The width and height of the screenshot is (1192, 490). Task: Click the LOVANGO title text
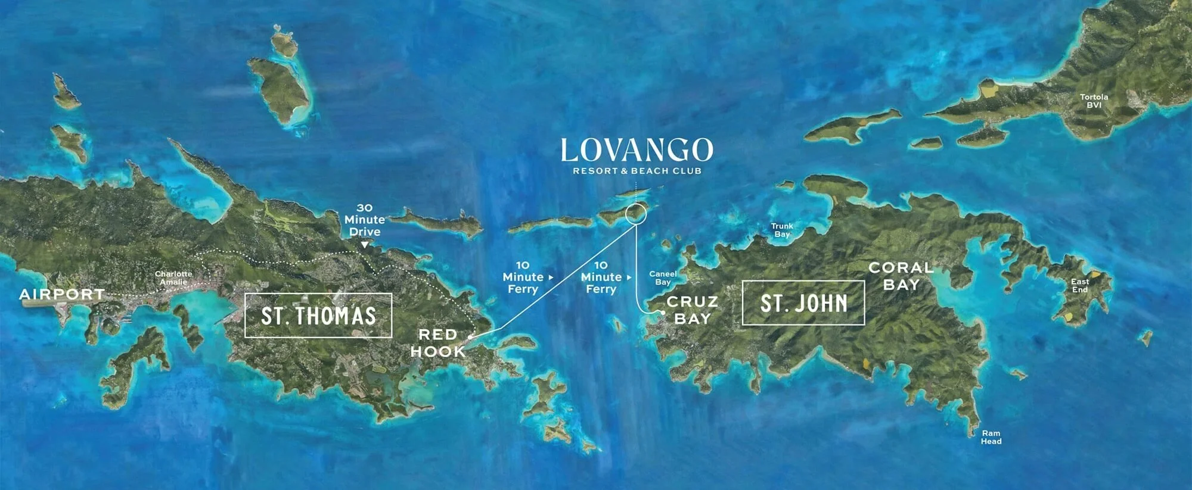(x=637, y=150)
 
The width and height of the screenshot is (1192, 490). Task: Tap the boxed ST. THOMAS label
(x=318, y=316)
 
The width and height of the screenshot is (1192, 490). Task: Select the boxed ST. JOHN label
(x=803, y=303)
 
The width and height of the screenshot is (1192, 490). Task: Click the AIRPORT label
(x=62, y=294)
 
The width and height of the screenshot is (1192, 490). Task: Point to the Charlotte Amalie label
(x=173, y=278)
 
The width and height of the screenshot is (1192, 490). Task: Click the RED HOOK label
(x=438, y=343)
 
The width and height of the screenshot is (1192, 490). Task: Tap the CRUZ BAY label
(x=692, y=310)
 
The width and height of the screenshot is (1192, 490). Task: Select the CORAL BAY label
(x=901, y=276)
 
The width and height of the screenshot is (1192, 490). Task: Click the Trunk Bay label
(x=782, y=230)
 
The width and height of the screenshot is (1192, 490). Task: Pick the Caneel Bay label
(x=663, y=278)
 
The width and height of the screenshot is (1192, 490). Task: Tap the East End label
(x=1080, y=285)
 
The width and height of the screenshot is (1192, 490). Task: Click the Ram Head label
(x=991, y=437)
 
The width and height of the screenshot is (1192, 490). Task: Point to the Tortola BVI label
(x=1094, y=101)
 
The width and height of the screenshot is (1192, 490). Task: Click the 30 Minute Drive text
(x=364, y=220)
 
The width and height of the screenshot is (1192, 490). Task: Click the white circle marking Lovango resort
(x=636, y=213)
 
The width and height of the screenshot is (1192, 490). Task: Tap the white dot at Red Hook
(x=470, y=337)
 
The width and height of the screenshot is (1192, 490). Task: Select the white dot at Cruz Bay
(x=663, y=312)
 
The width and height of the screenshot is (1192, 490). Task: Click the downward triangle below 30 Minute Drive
(x=364, y=245)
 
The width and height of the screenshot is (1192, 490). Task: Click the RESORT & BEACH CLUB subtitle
(x=637, y=171)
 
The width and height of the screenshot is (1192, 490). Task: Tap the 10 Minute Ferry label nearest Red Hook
(x=523, y=277)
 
